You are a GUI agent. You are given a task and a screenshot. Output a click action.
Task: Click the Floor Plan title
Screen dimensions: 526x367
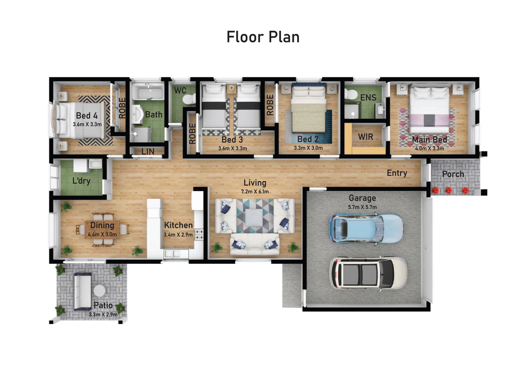(263, 37)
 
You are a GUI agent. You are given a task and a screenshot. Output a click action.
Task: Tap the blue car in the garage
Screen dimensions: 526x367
(366, 228)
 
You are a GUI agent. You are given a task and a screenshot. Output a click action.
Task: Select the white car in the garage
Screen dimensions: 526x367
(368, 273)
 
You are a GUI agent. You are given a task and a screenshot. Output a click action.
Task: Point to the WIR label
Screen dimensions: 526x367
(366, 137)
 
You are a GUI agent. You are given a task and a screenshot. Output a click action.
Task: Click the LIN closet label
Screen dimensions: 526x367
(148, 152)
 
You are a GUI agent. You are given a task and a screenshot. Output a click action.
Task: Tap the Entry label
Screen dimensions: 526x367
(397, 173)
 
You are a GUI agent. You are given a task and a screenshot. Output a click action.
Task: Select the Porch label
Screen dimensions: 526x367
(453, 174)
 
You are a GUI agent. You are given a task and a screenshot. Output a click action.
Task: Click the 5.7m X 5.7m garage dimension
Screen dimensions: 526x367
(362, 207)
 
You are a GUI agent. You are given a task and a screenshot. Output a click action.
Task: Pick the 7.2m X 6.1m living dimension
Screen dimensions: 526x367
(255, 192)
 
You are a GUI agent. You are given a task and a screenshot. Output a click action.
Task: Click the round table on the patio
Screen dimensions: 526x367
(100, 291)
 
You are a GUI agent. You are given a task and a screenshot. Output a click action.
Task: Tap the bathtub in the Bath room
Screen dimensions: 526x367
(148, 92)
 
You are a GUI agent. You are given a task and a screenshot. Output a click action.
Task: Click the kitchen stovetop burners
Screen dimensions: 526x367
(199, 234)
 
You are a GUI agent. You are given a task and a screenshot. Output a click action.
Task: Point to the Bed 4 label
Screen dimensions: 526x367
(87, 116)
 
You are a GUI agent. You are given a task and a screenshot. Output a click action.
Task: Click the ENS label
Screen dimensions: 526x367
(368, 98)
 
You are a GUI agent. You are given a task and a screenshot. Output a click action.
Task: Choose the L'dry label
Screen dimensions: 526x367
(81, 181)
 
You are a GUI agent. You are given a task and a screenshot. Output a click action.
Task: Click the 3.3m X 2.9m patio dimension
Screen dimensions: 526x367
(103, 314)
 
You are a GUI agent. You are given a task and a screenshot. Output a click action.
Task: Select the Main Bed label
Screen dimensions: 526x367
(429, 139)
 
